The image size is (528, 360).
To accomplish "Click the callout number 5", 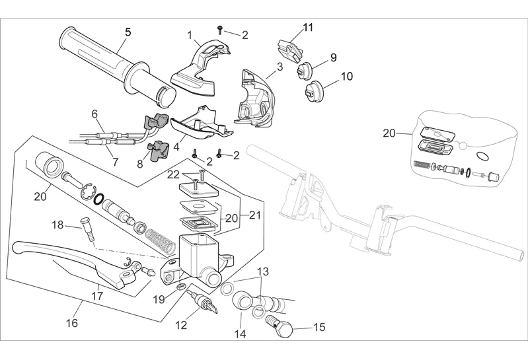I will (x=128, y=31).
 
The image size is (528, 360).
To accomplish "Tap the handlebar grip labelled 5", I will (x=112, y=63).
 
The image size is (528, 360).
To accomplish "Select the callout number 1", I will (x=189, y=35).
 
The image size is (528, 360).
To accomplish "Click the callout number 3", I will (x=280, y=66).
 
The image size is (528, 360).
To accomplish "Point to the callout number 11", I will (x=308, y=27).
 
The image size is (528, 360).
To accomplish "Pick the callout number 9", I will (x=333, y=57).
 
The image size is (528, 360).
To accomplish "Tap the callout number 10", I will (x=347, y=77).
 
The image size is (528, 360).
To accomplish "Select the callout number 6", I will (x=94, y=113).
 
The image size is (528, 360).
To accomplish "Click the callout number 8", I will (x=140, y=162).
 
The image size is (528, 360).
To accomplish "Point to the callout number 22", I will (x=173, y=174).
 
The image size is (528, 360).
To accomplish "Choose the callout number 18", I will (x=57, y=225).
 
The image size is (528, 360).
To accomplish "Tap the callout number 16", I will (x=71, y=323).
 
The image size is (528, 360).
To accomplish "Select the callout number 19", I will (x=159, y=299).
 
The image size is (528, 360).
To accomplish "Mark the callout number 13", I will (x=263, y=271).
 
